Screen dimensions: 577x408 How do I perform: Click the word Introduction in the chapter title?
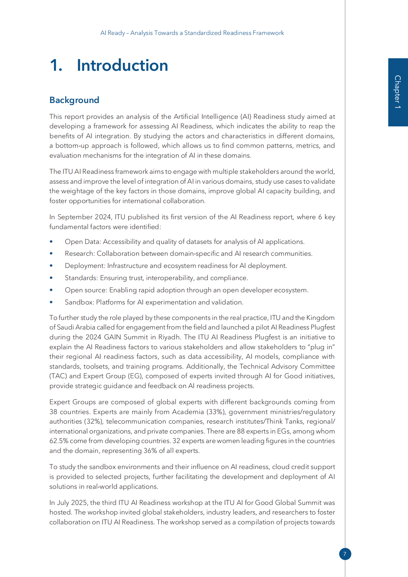[122, 66]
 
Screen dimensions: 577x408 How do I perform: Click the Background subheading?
[74, 100]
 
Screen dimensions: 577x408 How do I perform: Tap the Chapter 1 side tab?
[398, 92]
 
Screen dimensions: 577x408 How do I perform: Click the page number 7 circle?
[345, 554]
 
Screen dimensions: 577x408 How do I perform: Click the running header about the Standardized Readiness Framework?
[192, 33]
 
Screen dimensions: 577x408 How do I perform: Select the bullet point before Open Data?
[51, 242]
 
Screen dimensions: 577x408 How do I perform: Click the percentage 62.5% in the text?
[59, 441]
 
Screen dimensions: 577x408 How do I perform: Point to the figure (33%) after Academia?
[216, 412]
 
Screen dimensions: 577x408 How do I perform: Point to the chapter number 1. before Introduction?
[56, 66]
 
